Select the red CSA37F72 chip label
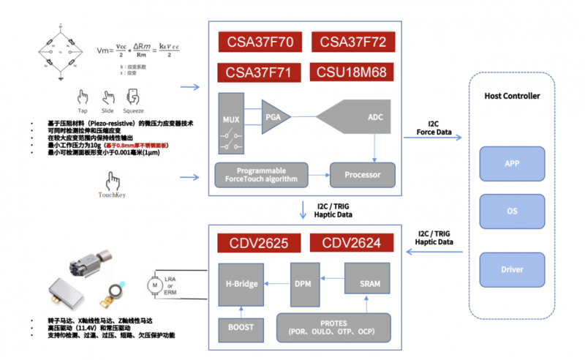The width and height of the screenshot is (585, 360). [352, 42]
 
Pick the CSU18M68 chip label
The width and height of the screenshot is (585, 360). [352, 73]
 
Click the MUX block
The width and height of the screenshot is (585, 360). [231, 121]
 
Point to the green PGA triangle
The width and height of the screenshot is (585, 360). [275, 116]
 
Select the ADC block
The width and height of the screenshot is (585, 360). [366, 117]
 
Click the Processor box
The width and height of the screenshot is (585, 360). [362, 175]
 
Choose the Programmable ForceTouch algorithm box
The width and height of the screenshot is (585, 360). [261, 175]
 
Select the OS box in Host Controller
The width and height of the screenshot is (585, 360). [512, 212]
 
